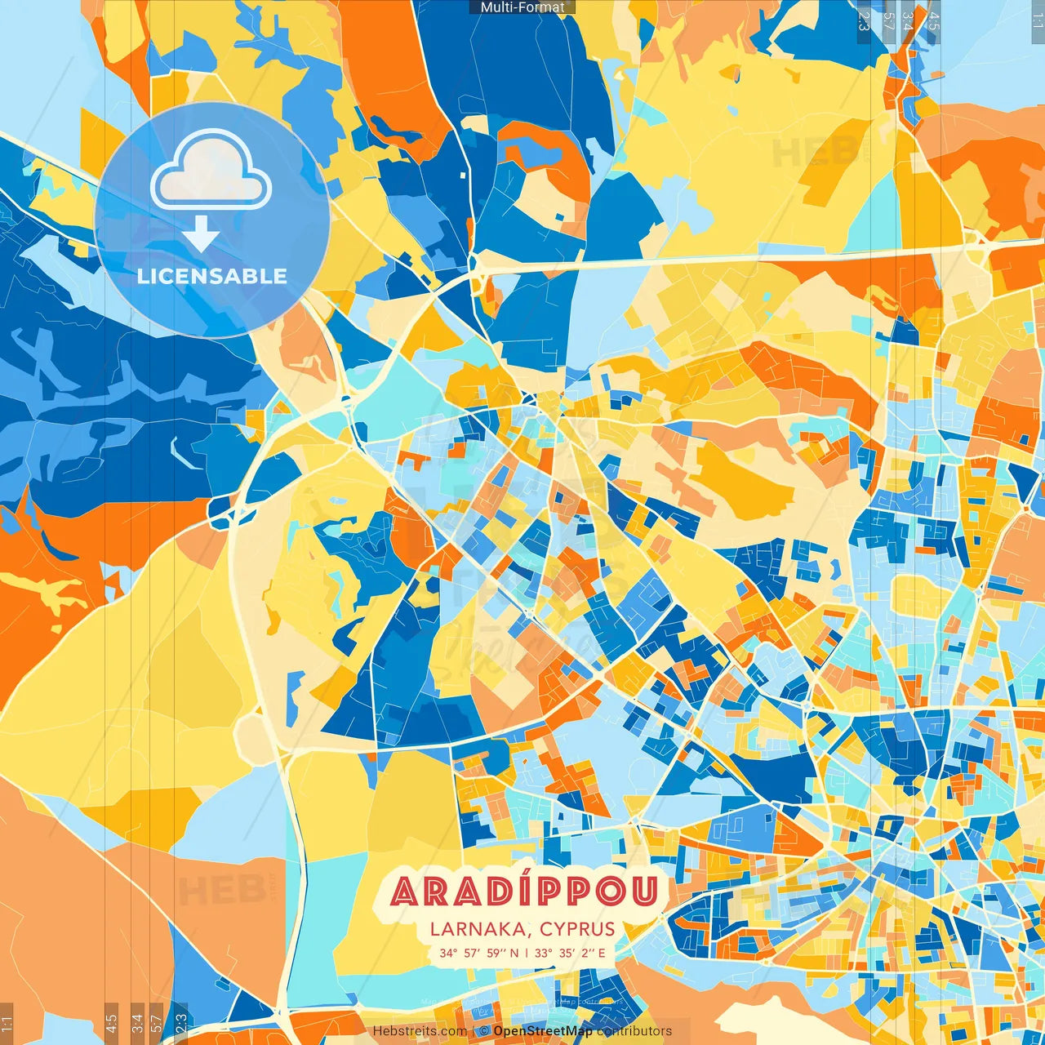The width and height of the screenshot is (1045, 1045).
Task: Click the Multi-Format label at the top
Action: pyautogui.click(x=522, y=7)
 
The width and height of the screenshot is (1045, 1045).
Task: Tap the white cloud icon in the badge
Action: pyautogui.click(x=211, y=174)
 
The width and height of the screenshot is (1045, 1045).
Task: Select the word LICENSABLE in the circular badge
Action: pyautogui.click(x=212, y=276)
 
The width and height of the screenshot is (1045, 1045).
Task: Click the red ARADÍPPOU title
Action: pyautogui.click(x=524, y=892)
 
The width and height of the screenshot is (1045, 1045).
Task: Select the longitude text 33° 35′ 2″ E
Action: pyautogui.click(x=571, y=953)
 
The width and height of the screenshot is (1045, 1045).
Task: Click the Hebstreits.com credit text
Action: pyautogui.click(x=420, y=1031)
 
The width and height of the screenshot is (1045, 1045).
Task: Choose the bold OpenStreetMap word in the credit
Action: pyautogui.click(x=543, y=1031)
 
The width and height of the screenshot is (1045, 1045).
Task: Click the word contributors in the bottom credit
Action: pyautogui.click(x=634, y=1031)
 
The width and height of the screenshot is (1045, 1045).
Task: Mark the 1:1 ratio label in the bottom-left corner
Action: pyautogui.click(x=7, y=1024)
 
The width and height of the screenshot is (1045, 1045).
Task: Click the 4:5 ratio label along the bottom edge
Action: pyautogui.click(x=111, y=1024)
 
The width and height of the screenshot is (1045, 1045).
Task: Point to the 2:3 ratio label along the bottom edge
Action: pyautogui.click(x=181, y=1024)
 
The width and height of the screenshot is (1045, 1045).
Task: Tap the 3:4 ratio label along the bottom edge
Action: pyautogui.click(x=137, y=1024)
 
